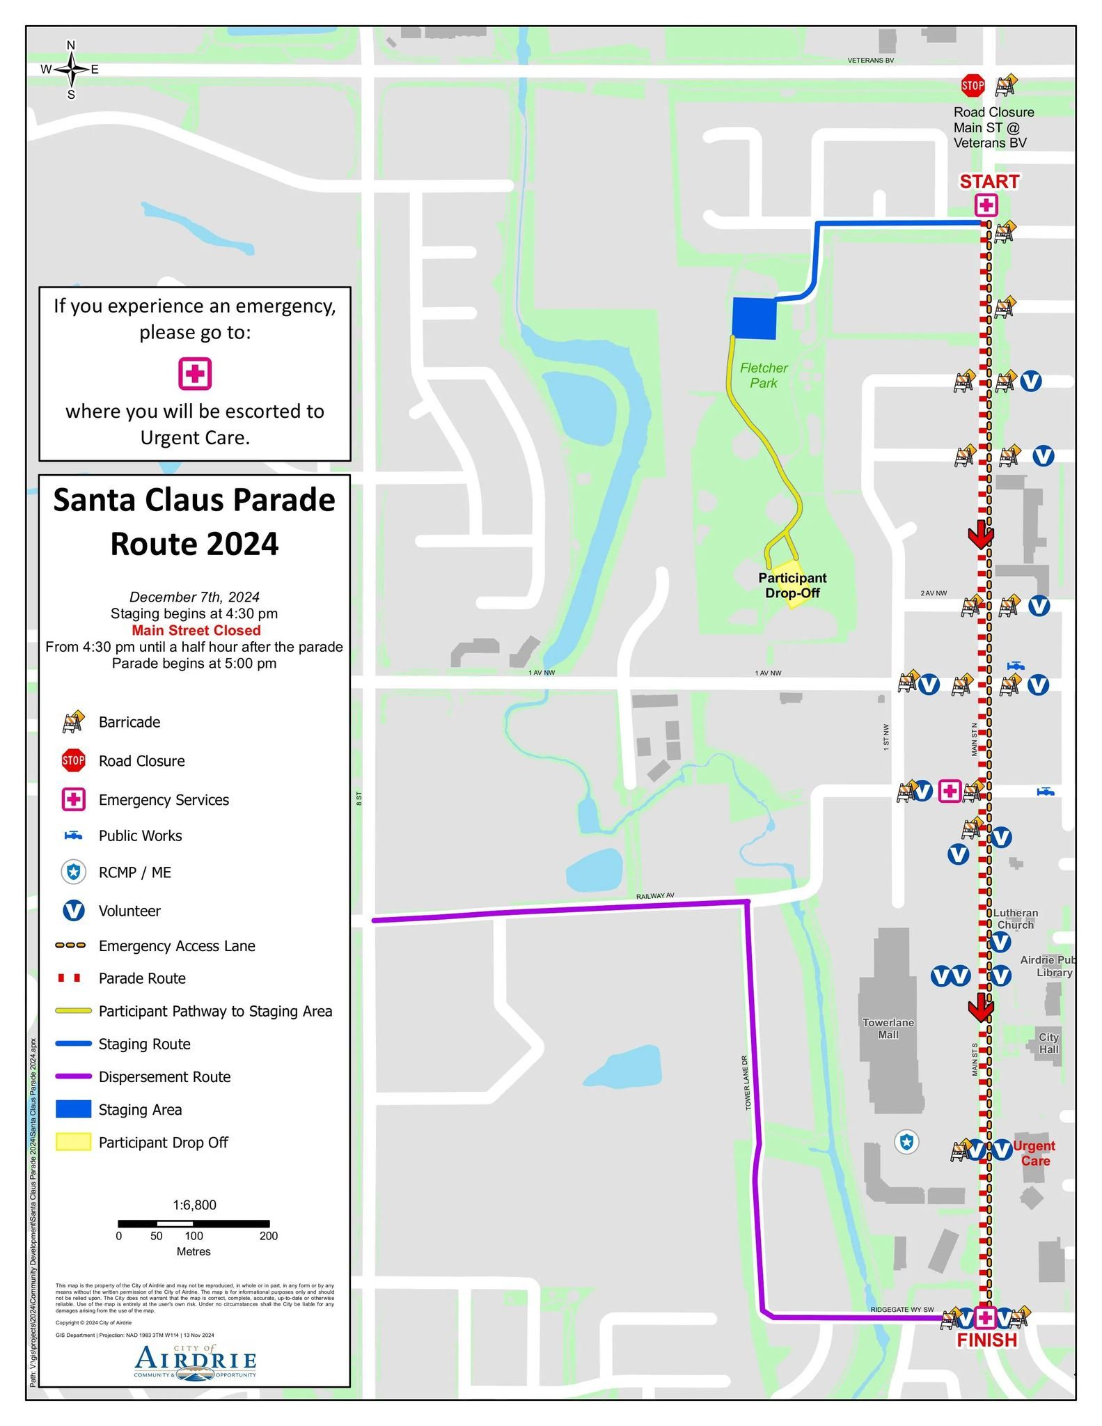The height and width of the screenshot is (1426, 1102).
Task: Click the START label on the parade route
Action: [x=989, y=182]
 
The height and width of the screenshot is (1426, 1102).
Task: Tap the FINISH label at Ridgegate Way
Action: [x=986, y=1340]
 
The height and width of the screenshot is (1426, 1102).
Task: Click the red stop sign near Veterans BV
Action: [x=972, y=86]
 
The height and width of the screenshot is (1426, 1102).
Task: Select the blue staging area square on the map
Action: [x=754, y=318]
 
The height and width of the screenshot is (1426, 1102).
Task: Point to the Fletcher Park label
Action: [x=764, y=375]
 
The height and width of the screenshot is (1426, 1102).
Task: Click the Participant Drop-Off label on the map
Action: [x=792, y=586]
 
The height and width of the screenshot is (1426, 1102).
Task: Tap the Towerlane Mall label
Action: [x=888, y=1028]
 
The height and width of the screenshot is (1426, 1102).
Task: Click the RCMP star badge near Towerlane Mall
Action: [x=906, y=1142]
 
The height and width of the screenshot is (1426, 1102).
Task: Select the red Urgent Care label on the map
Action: [x=1034, y=1153]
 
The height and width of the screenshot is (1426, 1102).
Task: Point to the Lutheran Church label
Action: [x=1015, y=918]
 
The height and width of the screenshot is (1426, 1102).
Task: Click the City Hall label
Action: [x=1048, y=1043]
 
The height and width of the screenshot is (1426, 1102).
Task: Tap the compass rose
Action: [x=70, y=70]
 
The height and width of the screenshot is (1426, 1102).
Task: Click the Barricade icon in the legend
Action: [x=73, y=722]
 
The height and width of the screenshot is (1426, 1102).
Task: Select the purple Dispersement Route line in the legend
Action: [x=73, y=1076]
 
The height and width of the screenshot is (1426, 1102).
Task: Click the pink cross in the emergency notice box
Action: [x=195, y=374]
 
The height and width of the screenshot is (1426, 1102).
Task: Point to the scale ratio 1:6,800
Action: [x=194, y=1205]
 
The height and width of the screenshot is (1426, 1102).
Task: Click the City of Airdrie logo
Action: [x=195, y=1361]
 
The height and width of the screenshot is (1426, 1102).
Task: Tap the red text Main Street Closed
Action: [x=196, y=630]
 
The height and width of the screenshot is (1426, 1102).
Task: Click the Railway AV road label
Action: [x=654, y=896]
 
